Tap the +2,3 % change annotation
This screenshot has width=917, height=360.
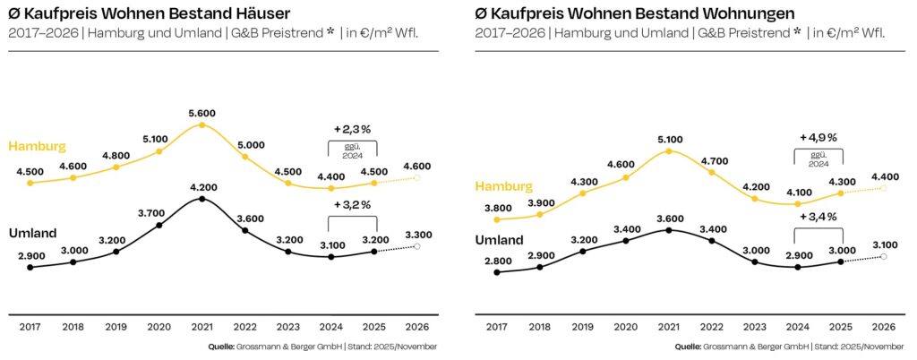point(353,129)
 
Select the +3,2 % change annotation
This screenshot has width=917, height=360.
point(353,204)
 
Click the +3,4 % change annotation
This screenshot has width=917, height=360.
point(818,217)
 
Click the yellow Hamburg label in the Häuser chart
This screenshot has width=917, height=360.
point(37,145)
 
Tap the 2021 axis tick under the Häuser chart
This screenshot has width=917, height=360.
point(202,329)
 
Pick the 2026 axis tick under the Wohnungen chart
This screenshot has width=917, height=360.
point(884,329)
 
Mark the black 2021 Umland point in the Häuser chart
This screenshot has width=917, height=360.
point(202,199)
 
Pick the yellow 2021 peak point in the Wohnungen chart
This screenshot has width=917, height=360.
point(669,152)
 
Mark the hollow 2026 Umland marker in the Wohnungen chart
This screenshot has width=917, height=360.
point(884,257)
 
